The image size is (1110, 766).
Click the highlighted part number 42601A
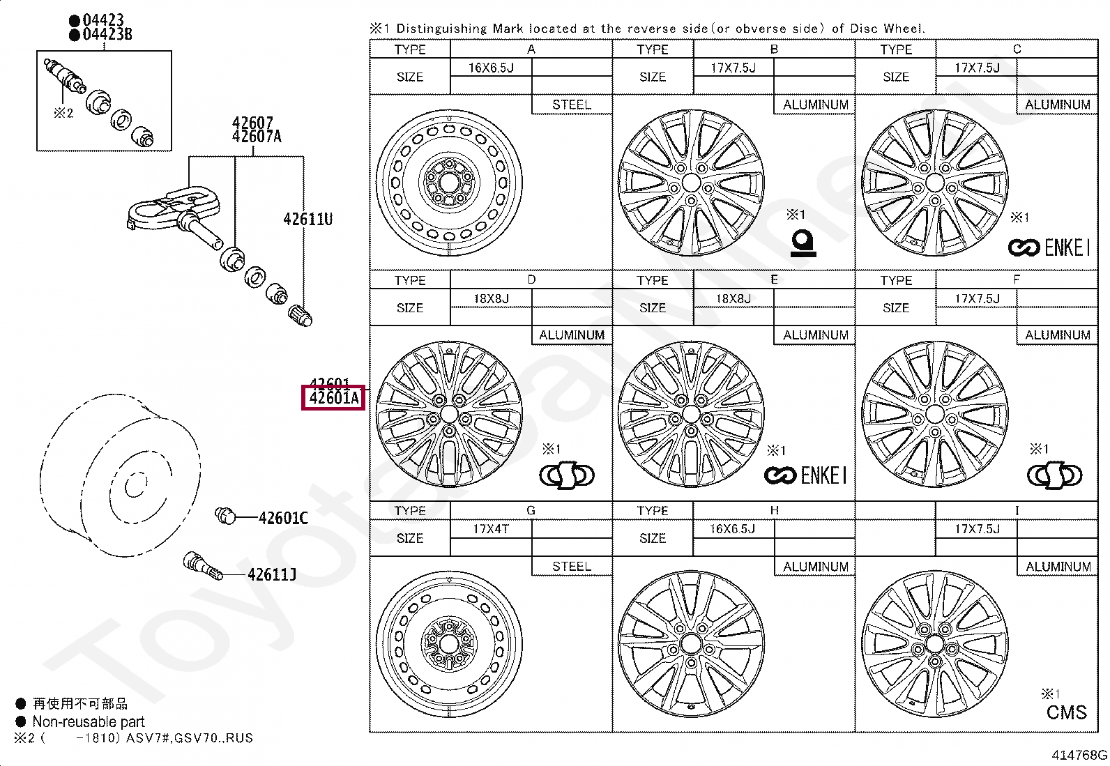coord(333,398)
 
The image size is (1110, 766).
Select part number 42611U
coord(307,219)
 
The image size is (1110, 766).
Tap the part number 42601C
coord(282,518)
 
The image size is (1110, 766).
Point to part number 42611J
coord(271,574)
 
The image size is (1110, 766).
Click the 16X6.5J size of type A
coord(491,68)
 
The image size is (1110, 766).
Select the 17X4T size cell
coord(491,529)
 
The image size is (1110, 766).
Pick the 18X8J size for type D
coord(491,298)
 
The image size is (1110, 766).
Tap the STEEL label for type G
coord(572,566)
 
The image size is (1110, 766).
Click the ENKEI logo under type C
coord(1048,247)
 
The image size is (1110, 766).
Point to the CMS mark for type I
coord(1066,712)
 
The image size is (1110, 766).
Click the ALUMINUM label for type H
coord(815,566)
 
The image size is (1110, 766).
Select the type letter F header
coord(1016,279)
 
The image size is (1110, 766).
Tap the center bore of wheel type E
coord(691,415)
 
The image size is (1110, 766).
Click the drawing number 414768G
coord(1079,755)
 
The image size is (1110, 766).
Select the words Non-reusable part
coord(89,722)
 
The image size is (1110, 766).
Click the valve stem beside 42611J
coord(202,566)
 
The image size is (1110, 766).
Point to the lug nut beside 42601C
coord(225,515)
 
